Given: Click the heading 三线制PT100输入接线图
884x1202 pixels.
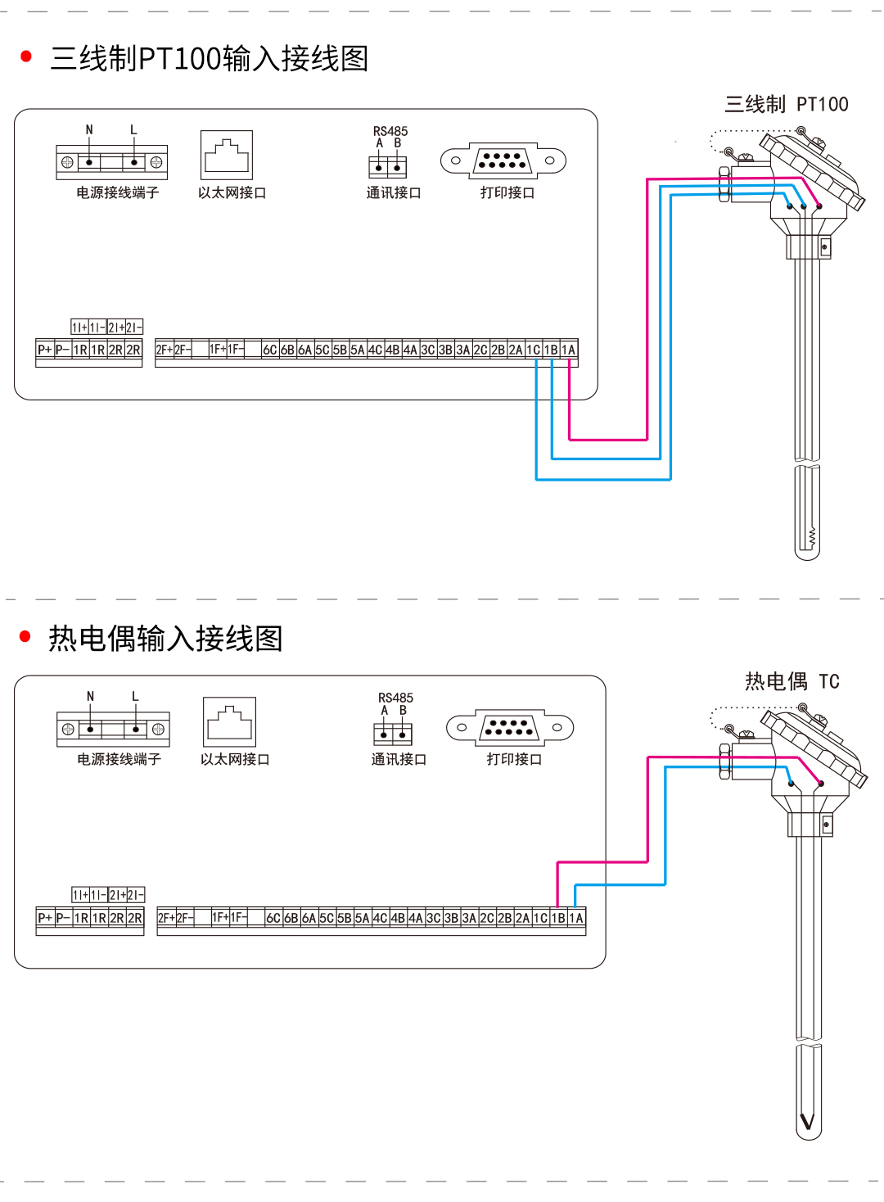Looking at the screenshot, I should (x=209, y=59).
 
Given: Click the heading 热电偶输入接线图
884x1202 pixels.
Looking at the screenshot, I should (x=165, y=639).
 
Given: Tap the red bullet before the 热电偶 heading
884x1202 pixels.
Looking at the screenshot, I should (x=25, y=636).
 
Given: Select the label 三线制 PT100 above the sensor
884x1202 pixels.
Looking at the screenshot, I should (x=786, y=105).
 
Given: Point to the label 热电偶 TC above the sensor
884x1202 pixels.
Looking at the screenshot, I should (x=792, y=681).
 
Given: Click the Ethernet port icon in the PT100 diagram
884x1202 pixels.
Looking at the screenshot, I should (x=227, y=155).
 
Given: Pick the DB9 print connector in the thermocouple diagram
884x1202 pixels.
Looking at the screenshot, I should (x=509, y=727).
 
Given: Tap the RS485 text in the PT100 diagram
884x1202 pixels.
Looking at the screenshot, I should (x=390, y=131).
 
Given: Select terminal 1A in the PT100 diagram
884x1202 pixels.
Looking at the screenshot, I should (x=569, y=350).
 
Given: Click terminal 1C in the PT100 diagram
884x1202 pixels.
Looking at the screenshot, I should (x=533, y=350).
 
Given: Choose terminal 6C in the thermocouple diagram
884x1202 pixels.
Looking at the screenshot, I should (x=273, y=918).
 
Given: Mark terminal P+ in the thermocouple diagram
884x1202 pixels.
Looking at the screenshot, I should (x=45, y=918).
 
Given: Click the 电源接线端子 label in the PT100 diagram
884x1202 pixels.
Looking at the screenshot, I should (x=117, y=192).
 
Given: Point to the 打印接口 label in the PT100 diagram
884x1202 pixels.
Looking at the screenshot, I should (x=507, y=192).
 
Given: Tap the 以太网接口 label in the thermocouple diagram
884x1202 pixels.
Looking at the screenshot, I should (x=235, y=759).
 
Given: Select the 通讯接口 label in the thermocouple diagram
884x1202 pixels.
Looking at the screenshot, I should (x=399, y=759).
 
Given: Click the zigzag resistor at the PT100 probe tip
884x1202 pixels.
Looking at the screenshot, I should (x=812, y=538).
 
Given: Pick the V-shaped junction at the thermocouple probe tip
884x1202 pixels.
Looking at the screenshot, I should (x=808, y=1121).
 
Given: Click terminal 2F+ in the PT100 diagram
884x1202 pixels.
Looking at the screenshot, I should (x=164, y=350).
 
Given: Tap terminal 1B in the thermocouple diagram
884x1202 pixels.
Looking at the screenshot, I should (x=558, y=918).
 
